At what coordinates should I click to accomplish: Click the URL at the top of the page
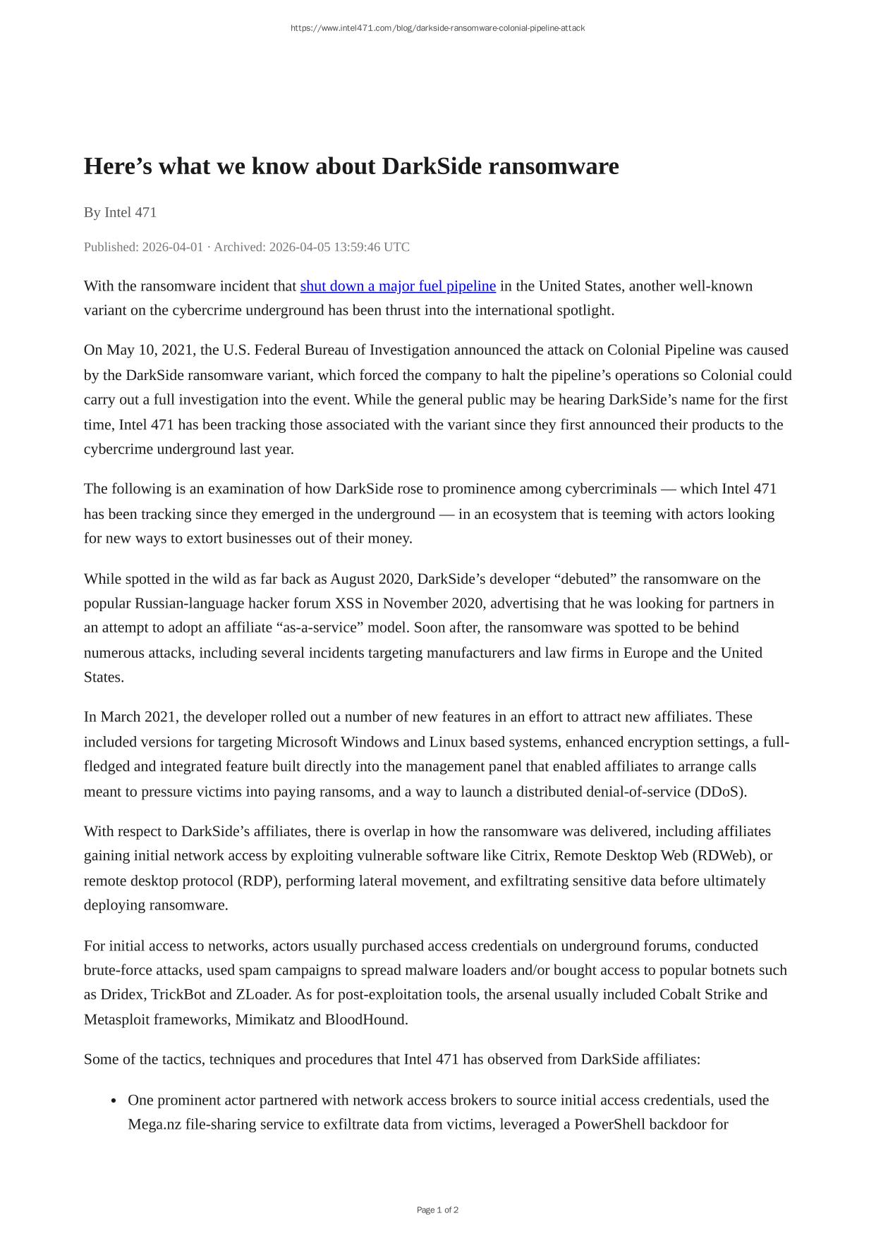pyautogui.click(x=437, y=28)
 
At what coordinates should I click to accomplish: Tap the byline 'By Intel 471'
pyautogui.click(x=120, y=212)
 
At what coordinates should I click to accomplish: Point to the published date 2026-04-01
pyautogui.click(x=172, y=247)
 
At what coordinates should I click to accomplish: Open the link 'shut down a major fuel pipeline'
pyautogui.click(x=398, y=286)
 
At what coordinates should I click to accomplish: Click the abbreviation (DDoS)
pyautogui.click(x=720, y=791)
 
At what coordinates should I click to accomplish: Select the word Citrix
pyautogui.click(x=528, y=855)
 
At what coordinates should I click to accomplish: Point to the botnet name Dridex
pyautogui.click(x=122, y=994)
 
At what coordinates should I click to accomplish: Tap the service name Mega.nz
pyautogui.click(x=154, y=1124)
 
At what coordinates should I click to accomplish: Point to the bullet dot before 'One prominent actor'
pyautogui.click(x=114, y=1101)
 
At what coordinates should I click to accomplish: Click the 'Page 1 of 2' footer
pyautogui.click(x=437, y=1210)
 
